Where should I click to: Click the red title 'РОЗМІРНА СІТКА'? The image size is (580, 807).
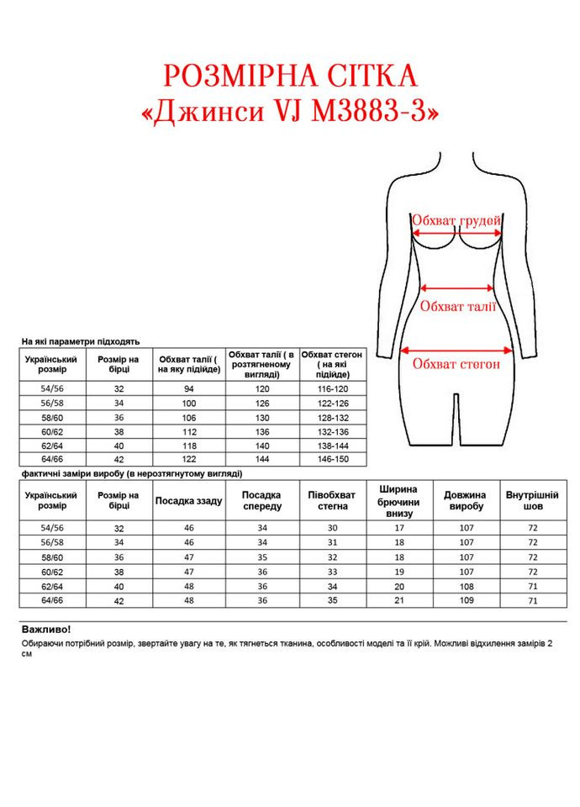coord(291,76)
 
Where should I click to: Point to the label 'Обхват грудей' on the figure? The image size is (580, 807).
coord(456,220)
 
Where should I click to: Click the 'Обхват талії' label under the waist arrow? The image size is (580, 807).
coord(458,306)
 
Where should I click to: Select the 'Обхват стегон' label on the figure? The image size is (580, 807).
coord(456,364)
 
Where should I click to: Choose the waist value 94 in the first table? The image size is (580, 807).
coord(188,388)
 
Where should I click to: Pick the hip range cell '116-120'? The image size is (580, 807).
coord(332,388)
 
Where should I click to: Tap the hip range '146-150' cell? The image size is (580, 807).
coord(332,460)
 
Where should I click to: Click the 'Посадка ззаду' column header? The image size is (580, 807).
coord(188,501)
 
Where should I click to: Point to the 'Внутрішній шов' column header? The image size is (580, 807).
coord(532,501)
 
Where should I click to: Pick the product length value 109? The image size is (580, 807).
coord(464,600)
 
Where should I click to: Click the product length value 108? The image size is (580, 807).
coord(464,586)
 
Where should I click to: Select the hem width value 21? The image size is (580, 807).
coord(399,600)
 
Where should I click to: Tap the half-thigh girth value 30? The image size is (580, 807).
coord(332,528)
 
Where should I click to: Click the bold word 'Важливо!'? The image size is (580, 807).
coord(45,629)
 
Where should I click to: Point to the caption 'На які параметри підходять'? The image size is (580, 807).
coord(80,341)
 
